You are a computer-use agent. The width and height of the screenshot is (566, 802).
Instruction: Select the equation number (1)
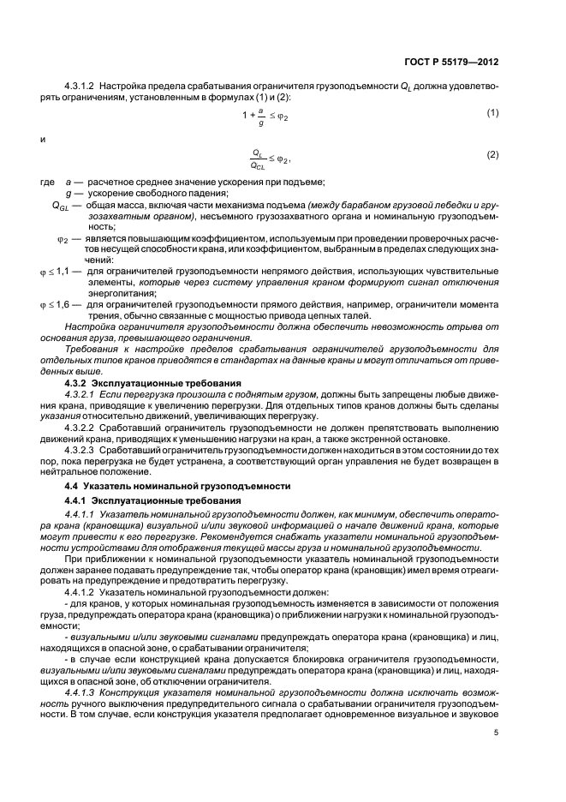[492, 113]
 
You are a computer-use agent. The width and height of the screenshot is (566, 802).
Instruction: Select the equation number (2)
[492, 154]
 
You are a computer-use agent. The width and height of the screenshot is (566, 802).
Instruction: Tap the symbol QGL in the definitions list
[60, 206]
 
